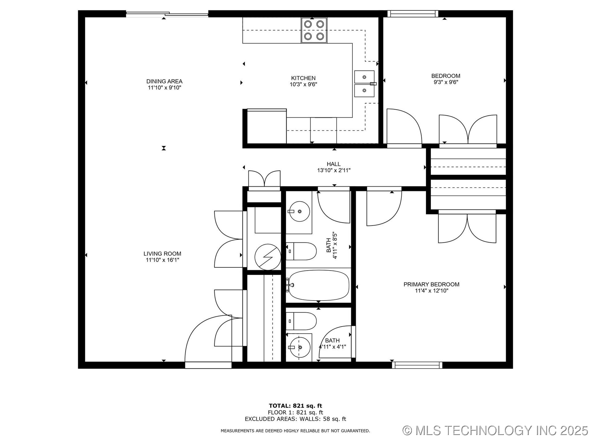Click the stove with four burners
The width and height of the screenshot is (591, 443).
click(314, 30)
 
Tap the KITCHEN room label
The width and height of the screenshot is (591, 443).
click(303, 78)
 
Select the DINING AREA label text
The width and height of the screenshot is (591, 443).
click(164, 81)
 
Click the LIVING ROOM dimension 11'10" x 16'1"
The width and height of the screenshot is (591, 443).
click(162, 260)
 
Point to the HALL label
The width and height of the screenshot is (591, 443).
click(334, 164)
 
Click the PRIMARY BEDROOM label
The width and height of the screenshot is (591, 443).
click(431, 284)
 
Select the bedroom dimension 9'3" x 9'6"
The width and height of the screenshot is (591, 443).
click(446, 82)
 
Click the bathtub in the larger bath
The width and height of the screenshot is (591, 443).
click(319, 285)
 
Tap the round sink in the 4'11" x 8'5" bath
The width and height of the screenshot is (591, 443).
click(300, 211)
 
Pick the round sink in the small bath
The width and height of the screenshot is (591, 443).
click(300, 347)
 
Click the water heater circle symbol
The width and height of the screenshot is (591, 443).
click(267, 257)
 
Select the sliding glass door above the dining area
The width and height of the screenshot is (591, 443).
click(167, 14)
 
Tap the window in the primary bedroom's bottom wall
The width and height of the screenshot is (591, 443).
click(417, 365)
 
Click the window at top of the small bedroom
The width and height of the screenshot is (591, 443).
click(412, 14)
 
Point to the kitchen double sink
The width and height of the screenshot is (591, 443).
click(364, 84)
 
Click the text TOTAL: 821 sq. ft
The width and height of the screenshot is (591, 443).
click(295, 406)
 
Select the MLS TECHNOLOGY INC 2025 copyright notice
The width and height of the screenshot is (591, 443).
click(495, 430)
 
